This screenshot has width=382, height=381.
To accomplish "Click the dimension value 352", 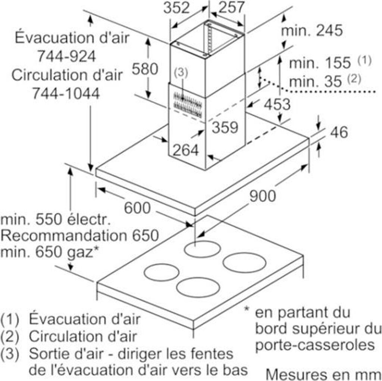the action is click(x=177, y=8).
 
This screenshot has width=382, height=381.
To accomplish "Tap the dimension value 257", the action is click(x=231, y=8).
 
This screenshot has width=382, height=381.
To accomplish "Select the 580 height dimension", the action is click(x=145, y=69).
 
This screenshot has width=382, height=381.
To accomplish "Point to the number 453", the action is click(x=277, y=104).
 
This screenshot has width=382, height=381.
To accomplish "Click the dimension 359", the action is click(x=225, y=127).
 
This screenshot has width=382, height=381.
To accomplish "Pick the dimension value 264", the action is click(x=186, y=150).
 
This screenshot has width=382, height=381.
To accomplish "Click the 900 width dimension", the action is click(x=263, y=196).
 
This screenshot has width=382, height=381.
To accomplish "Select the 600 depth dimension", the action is click(x=137, y=208).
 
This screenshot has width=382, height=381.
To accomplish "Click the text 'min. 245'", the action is click(x=311, y=31).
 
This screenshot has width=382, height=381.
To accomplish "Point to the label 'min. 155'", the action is click(x=320, y=63).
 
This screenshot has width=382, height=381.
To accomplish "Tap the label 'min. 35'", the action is click(x=316, y=81).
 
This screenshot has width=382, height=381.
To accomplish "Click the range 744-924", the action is click(x=66, y=56).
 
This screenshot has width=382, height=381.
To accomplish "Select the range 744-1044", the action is click(x=66, y=93).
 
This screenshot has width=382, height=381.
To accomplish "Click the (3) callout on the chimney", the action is click(x=181, y=74).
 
